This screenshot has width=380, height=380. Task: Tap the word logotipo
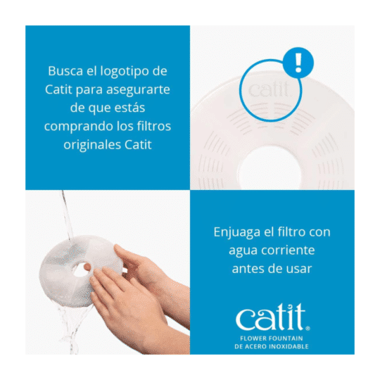[124, 72]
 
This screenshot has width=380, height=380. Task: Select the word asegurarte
[138, 90]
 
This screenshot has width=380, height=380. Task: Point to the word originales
[92, 146]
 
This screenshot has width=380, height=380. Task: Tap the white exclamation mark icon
[298, 63]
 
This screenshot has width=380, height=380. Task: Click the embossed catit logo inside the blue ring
[269, 89]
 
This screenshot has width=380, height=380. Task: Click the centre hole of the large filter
[270, 167]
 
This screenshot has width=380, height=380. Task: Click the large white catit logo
[270, 317]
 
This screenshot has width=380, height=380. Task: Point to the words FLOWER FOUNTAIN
[272, 338]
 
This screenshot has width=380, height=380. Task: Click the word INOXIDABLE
[289, 346]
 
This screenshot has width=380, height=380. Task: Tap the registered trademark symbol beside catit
[308, 329]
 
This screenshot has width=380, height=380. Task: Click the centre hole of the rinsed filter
[81, 269]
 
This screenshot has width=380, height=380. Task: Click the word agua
[241, 251]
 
